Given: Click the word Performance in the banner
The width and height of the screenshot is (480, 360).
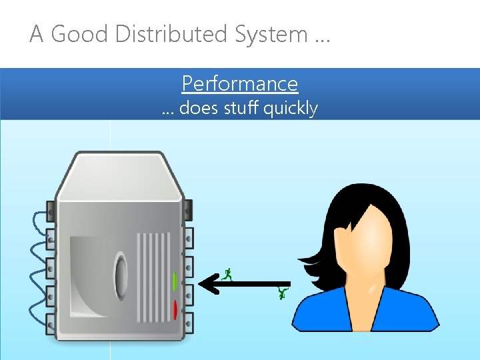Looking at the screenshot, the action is [239, 84].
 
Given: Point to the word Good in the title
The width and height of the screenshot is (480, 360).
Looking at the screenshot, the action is [80, 34].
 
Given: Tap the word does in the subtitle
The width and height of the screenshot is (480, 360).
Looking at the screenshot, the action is [197, 108].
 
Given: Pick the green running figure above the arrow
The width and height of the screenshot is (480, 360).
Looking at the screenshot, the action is [228, 273].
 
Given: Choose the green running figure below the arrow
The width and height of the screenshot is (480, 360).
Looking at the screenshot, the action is [283, 293].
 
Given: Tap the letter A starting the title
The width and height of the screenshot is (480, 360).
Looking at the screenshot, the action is [37, 34].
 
